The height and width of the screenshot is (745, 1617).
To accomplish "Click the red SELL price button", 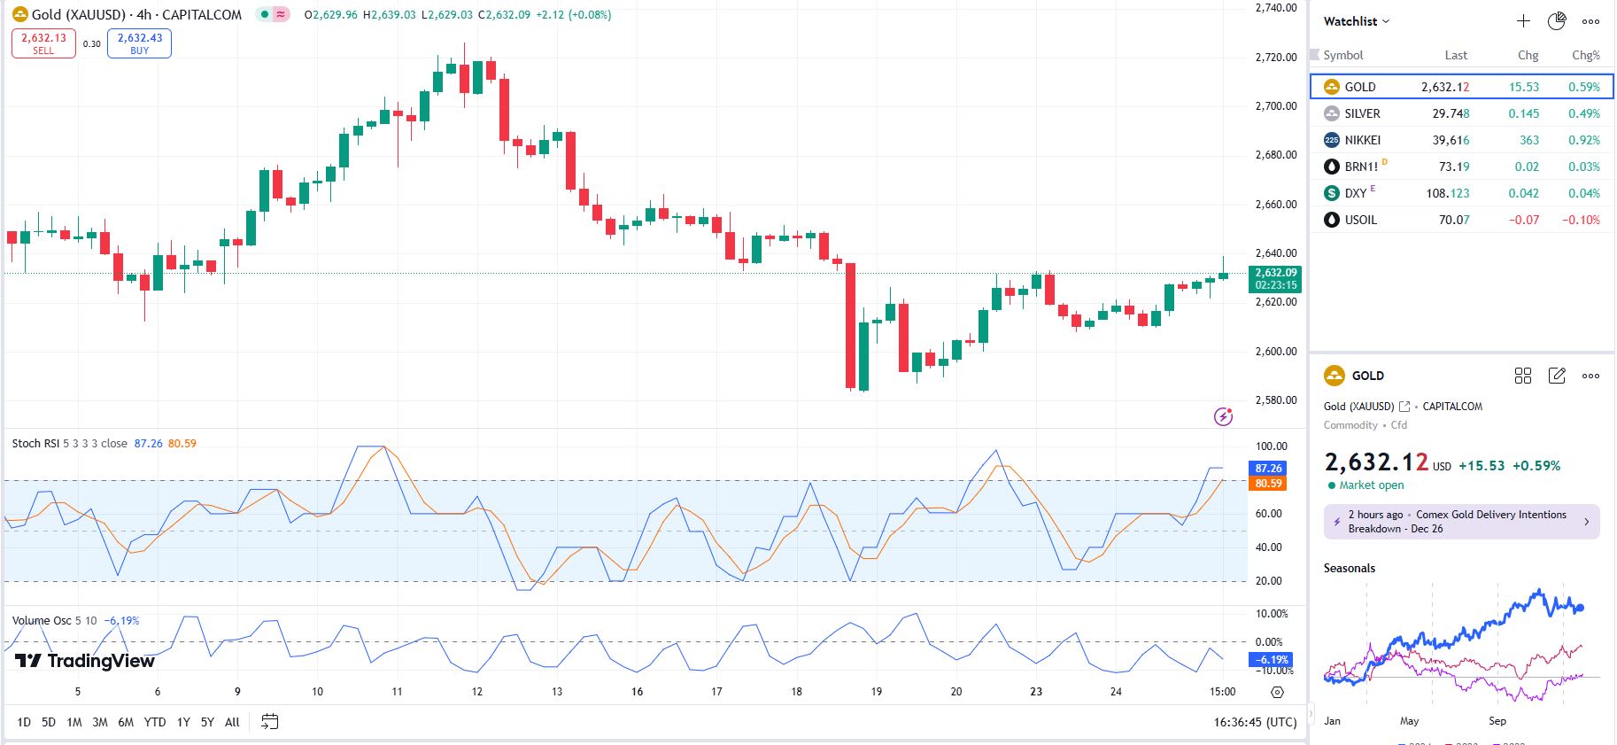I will (x=43, y=43).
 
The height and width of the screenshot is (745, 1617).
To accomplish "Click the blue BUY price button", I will (x=139, y=43).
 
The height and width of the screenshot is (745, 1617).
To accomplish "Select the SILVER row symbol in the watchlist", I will (x=1362, y=113).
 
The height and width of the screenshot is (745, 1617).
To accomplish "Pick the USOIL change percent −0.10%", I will (x=1581, y=220).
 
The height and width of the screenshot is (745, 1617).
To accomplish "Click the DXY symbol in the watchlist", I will (x=1355, y=193).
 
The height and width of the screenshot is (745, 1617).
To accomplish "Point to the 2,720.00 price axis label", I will (x=1275, y=58).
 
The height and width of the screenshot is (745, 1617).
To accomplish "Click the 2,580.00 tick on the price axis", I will (x=1275, y=400).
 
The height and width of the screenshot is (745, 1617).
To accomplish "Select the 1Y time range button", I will (x=183, y=722).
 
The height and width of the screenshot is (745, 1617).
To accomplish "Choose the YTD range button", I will (x=155, y=722).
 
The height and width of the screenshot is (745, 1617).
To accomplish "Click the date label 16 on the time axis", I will (x=637, y=692).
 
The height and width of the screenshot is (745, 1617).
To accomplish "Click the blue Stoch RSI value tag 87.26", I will (x=1268, y=469).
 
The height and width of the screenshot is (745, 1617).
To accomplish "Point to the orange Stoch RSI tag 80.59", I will (x=1268, y=484).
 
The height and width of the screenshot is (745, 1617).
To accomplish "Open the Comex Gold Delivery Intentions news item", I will (x=1461, y=522).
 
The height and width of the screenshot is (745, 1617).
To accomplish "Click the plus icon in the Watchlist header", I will (x=1523, y=21).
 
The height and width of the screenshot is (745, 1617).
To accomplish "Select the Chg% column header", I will (x=1585, y=55).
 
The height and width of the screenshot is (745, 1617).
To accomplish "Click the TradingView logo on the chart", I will (x=85, y=661).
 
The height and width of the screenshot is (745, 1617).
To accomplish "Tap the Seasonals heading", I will (x=1349, y=569).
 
